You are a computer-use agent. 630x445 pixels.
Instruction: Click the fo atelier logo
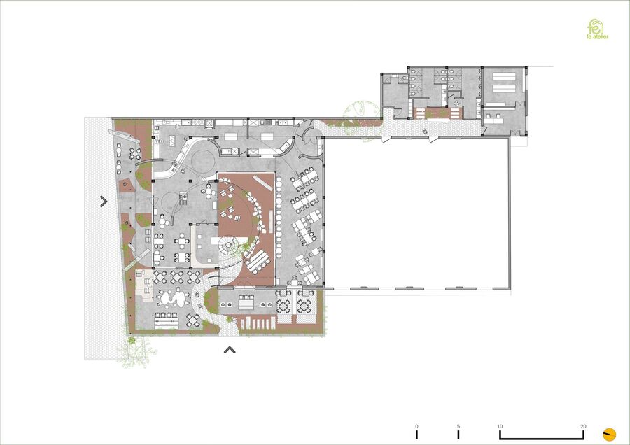coord(597,29)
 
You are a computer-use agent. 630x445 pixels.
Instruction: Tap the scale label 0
coord(416,427)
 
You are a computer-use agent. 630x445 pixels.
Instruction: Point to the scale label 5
coord(458,427)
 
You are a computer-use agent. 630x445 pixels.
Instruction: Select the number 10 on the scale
coord(500,427)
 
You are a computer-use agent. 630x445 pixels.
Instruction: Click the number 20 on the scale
coord(583,427)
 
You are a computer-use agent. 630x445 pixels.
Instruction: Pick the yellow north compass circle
coord(610,435)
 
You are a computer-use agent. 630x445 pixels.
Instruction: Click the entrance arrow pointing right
coord(104,202)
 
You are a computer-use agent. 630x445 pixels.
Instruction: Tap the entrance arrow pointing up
coord(230,350)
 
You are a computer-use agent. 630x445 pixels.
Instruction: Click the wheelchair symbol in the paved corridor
coord(425,130)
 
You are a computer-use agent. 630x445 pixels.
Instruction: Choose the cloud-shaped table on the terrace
coord(174,298)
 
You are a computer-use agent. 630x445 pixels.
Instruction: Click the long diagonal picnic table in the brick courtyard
coord(258,262)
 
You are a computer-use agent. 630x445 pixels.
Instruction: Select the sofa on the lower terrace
coord(246,302)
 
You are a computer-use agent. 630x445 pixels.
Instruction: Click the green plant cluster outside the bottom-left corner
coord(136,351)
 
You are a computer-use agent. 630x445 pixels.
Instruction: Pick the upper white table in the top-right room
coord(504,76)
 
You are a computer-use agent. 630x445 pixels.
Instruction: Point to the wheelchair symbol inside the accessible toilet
coord(457,103)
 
